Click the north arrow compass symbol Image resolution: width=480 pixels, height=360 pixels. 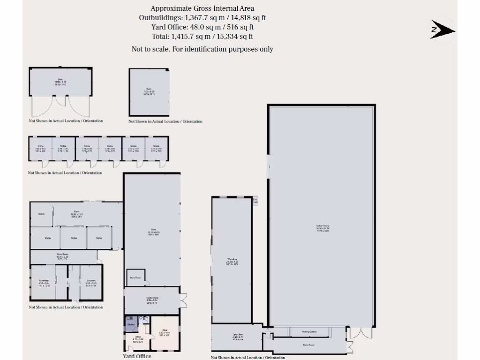click(442, 30)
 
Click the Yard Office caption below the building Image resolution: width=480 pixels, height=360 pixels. click(137, 356)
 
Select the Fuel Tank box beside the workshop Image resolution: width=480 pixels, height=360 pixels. click(255, 201)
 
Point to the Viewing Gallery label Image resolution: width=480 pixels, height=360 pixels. click(309, 332)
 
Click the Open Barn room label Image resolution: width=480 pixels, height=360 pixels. click(238, 337)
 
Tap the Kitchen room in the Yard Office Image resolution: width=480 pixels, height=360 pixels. click(131, 324)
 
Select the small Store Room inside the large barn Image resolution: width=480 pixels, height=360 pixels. click(135, 277)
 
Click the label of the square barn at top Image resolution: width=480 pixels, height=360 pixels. click(149, 93)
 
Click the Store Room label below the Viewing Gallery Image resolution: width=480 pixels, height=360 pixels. click(308, 345)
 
